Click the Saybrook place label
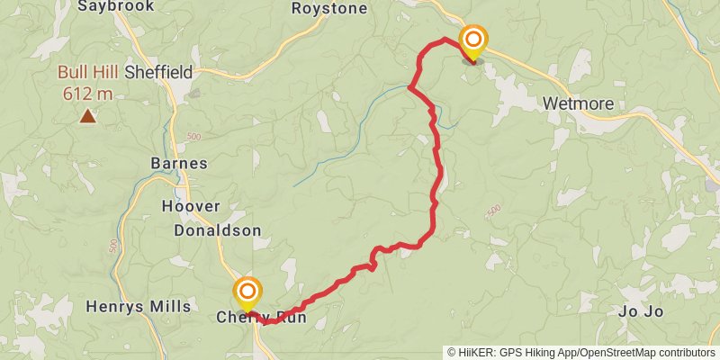(x=116, y=6)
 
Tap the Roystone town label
(x=329, y=9)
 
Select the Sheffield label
(x=158, y=72)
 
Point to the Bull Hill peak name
(x=86, y=73)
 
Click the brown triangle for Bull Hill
(x=87, y=115)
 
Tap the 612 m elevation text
(x=87, y=93)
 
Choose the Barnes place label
(x=179, y=164)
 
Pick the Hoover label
(x=190, y=206)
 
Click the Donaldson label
(x=218, y=230)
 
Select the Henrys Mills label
(x=138, y=306)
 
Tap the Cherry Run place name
(x=261, y=318)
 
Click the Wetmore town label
(x=579, y=104)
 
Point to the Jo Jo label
(x=642, y=311)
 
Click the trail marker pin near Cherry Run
(x=247, y=292)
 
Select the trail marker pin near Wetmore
(x=472, y=41)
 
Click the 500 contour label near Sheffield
(x=193, y=136)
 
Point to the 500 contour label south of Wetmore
(x=492, y=211)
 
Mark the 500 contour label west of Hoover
(x=113, y=245)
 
